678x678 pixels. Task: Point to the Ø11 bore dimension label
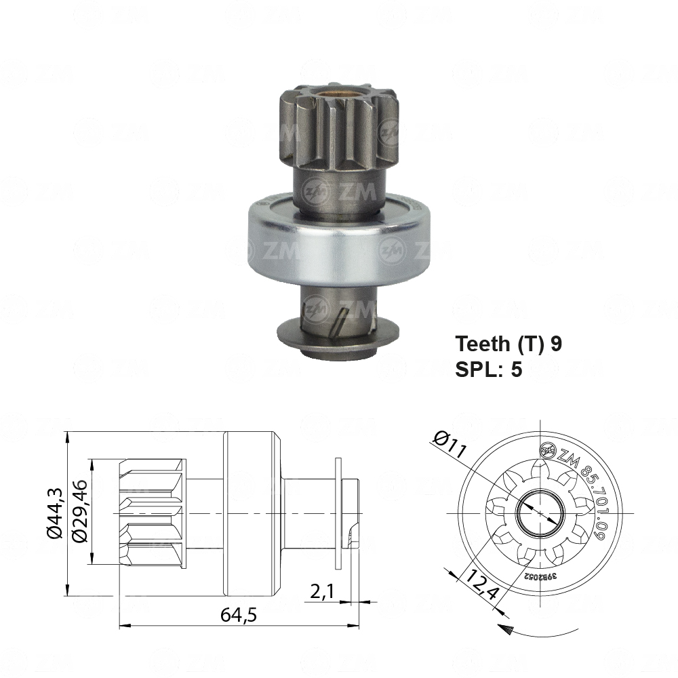pos(447,443)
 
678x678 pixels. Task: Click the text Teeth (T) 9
pos(508,344)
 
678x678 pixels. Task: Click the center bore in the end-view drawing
pos(540,514)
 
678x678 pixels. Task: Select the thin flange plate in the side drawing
pos(338,513)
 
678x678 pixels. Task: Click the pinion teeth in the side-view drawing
pos(152,513)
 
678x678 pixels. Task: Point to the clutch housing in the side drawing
pos(249,513)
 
